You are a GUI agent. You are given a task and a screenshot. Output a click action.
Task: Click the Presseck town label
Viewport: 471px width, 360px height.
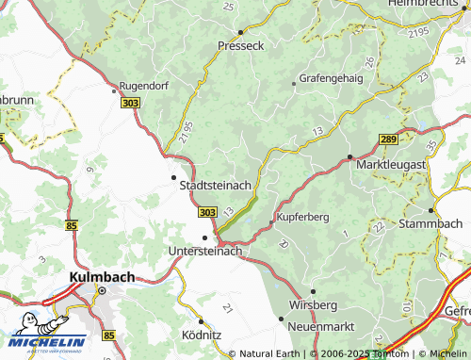coord(240,44)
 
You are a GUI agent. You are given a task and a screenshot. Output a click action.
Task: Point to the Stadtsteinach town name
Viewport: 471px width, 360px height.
coord(215,186)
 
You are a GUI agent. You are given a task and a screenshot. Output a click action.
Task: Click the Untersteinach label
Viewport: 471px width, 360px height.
coord(204,252)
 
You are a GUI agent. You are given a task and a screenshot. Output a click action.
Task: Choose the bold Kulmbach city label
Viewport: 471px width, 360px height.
coord(102,277)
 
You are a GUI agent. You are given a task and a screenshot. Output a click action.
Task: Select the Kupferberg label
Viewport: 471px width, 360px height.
coord(302,217)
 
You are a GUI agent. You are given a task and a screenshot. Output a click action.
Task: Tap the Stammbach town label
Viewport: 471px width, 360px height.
coord(431,224)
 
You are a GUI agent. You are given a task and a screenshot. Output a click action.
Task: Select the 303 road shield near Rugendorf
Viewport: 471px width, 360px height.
coord(130,102)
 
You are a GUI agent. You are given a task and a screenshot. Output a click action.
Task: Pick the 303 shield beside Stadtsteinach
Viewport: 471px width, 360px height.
coord(208,211)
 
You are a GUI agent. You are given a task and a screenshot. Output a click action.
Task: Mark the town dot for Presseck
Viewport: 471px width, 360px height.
coord(240,31)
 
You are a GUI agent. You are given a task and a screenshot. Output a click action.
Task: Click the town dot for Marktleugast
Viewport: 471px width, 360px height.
coord(349,156)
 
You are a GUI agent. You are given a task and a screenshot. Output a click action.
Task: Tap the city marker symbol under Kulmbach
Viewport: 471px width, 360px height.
coord(105,291)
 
